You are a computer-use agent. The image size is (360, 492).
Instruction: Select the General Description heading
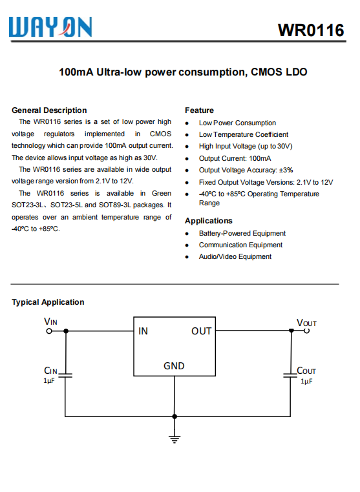tap(49, 110)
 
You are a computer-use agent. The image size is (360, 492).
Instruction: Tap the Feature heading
tap(199, 110)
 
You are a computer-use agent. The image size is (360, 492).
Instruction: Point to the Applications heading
tap(208, 221)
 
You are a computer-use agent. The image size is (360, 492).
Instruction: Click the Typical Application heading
tap(48, 302)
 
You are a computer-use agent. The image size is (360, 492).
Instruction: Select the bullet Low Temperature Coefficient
tap(243, 134)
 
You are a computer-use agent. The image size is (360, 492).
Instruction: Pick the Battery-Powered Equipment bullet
tap(242, 233)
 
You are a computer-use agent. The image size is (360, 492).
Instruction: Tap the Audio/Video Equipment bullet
tap(235, 256)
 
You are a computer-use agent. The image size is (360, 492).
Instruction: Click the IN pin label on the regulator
tap(143, 331)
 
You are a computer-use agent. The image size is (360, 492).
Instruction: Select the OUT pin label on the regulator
tap(201, 331)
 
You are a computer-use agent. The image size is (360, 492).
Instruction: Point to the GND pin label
tap(174, 366)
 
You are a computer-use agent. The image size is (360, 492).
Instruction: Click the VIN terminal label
tap(50, 321)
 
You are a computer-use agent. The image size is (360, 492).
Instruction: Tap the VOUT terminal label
tap(306, 322)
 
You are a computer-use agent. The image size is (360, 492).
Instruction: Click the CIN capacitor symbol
tap(66, 374)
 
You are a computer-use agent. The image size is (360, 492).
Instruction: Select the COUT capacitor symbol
tap(291, 374)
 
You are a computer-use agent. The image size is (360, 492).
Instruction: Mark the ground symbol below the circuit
tap(174, 439)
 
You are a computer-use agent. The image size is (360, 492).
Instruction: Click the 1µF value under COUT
tap(306, 382)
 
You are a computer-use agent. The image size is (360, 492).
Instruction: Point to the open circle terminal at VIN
tap(48, 331)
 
